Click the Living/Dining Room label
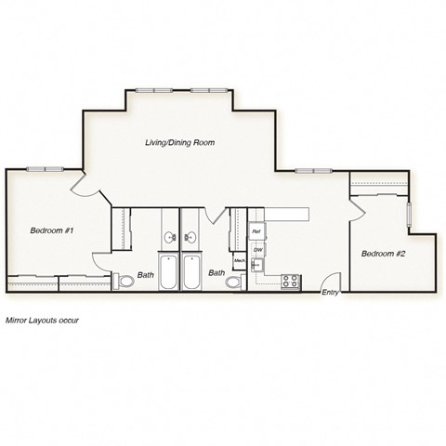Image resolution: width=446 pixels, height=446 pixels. tap(179, 143)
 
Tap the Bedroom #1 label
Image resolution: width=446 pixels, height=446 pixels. tap(52, 230)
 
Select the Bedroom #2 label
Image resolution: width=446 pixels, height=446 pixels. tap(384, 254)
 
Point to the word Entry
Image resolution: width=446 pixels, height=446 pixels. tap(330, 294)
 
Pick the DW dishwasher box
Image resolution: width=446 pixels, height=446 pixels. tap(257, 250)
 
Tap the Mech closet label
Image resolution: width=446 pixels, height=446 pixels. tap(239, 261)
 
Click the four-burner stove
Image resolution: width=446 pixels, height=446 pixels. tap(290, 281)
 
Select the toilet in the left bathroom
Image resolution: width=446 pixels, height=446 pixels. tap(125, 281)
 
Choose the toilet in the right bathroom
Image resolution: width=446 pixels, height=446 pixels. tap(233, 281)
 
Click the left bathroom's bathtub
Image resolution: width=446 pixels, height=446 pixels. tap(169, 271)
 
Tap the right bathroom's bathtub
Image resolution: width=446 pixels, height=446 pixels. tap(192, 271)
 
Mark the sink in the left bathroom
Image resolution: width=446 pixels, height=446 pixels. tap(169, 238)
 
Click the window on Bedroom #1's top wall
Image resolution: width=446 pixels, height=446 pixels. tap(43, 169)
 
